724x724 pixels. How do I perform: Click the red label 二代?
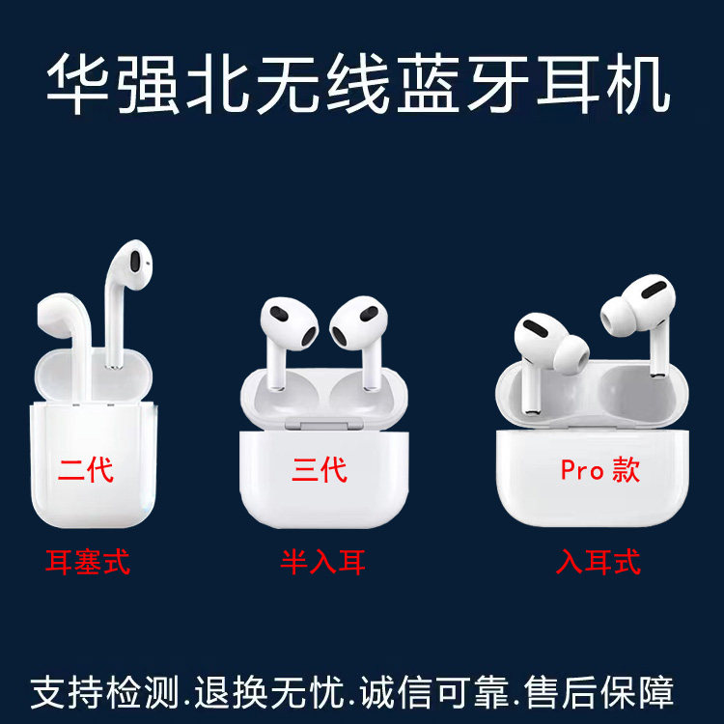coord(86,470)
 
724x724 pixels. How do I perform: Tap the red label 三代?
coord(320,470)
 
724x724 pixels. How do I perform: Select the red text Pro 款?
coord(600,470)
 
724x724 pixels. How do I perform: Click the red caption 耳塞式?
coord(88,562)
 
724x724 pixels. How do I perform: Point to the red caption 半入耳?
coord(323,562)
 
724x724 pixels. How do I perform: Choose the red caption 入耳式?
coord(599,562)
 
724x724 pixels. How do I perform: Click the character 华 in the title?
coord(77,84)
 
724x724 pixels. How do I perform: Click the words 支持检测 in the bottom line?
coord(105,692)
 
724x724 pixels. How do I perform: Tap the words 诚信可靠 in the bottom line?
coord(434,692)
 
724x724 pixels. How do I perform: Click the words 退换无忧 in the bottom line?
coord(269,692)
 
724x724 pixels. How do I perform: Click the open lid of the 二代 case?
coord(94,375)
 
